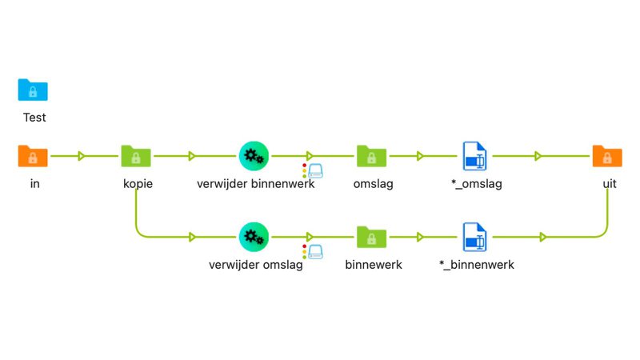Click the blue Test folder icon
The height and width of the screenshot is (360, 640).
tap(33, 90)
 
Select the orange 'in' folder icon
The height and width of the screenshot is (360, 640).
tap(33, 156)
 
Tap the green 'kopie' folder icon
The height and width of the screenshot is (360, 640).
tap(137, 156)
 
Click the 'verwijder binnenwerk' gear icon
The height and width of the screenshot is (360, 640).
tap(254, 156)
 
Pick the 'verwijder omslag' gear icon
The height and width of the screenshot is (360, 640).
tap(254, 236)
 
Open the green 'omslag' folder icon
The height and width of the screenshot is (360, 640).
tap(372, 156)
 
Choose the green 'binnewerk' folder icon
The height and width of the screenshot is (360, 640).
tap(372, 236)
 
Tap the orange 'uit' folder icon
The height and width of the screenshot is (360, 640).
tap(607, 156)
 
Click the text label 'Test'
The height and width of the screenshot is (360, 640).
tap(34, 118)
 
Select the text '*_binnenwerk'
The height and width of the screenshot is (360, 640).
tap(477, 264)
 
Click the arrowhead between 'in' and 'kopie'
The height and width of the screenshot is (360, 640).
tap(82, 156)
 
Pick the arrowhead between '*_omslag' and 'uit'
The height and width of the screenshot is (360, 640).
tap(539, 156)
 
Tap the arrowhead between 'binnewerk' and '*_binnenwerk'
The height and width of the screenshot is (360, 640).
tap(419, 237)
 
